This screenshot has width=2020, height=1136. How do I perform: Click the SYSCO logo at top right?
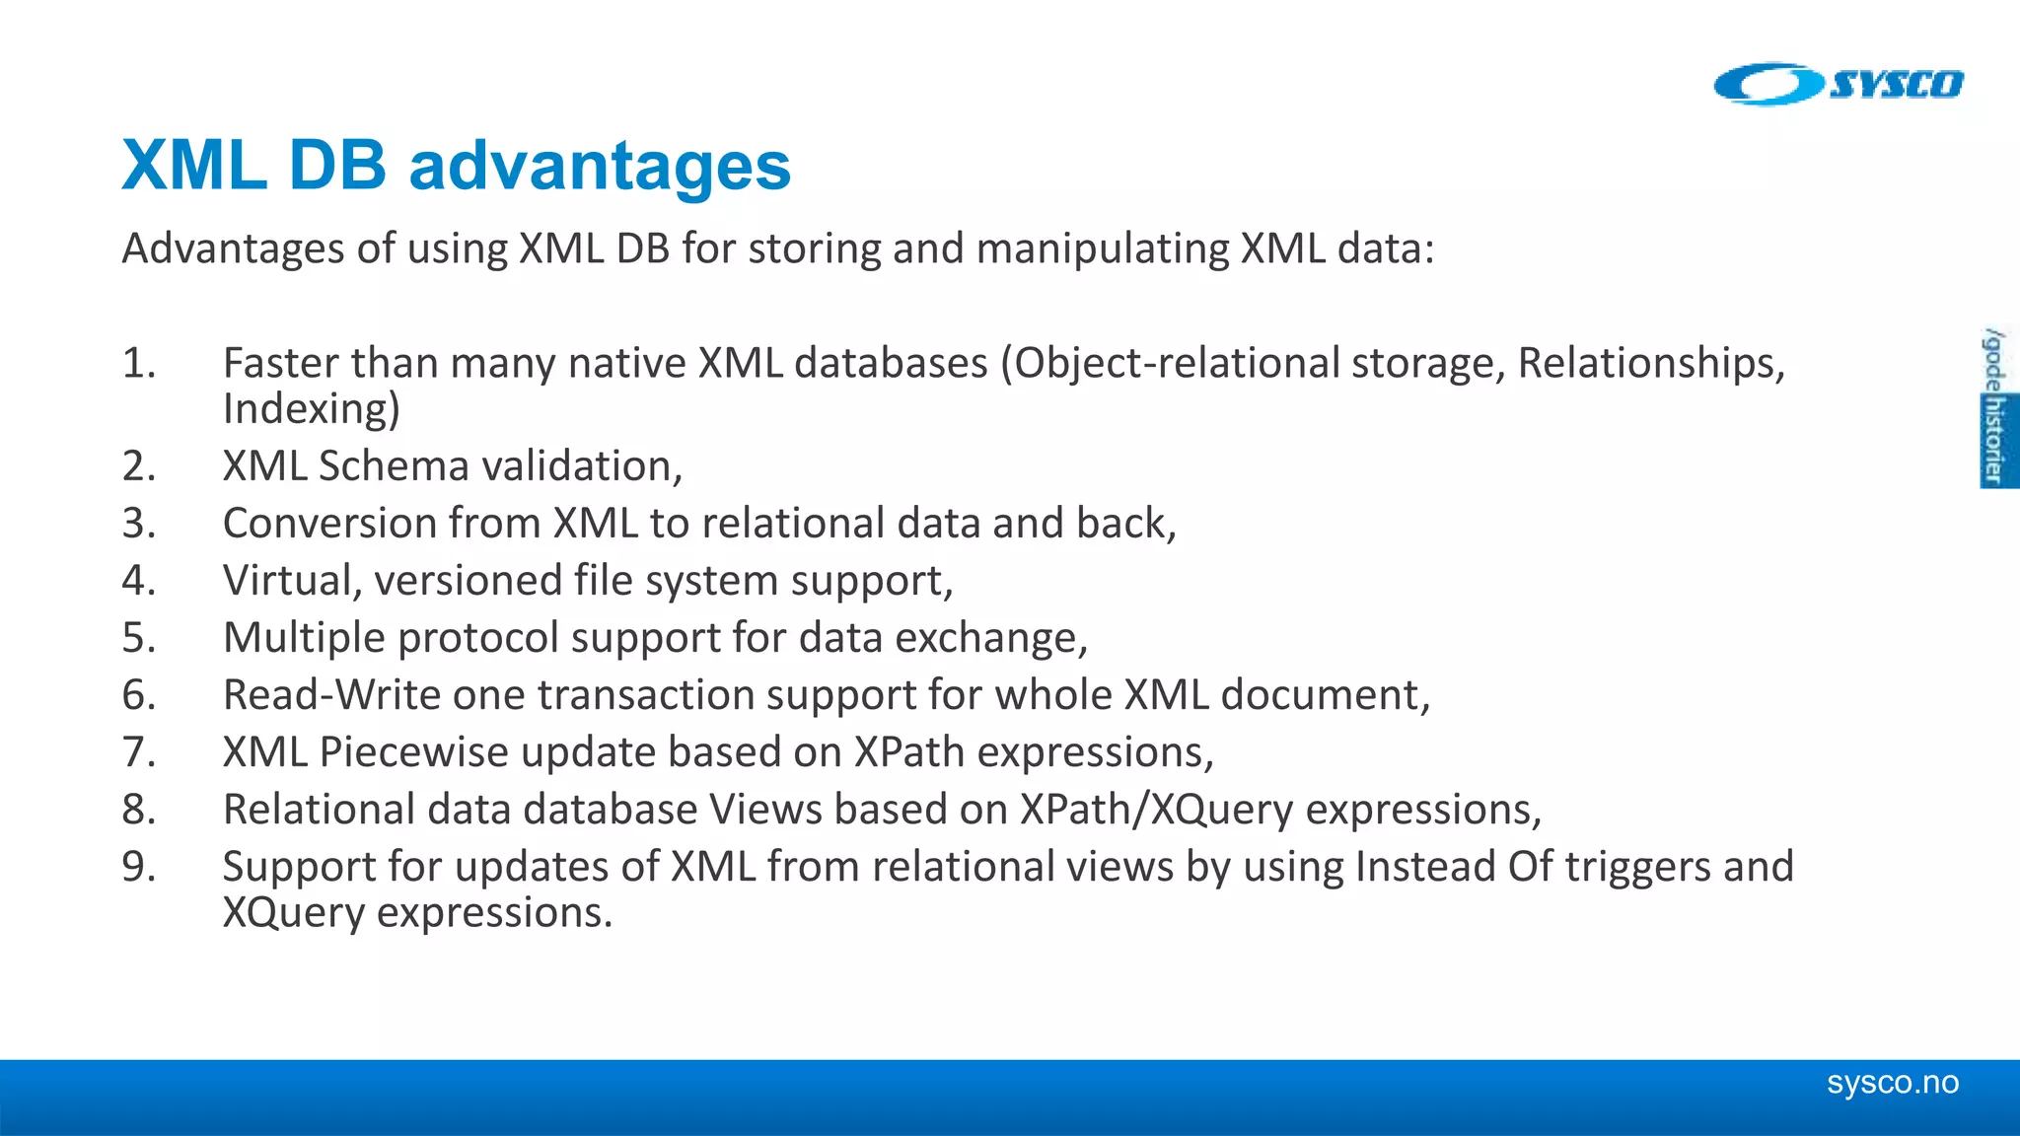pos(1839,84)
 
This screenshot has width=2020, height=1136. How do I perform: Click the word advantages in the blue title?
pos(600,166)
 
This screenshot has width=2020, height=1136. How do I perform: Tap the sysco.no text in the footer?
pos(1892,1083)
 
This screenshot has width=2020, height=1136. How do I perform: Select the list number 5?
pos(138,638)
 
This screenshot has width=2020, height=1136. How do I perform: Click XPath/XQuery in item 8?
pos(1156,810)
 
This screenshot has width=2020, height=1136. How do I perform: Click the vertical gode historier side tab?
pos(1996,406)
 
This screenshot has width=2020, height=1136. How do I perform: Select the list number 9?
pos(138,867)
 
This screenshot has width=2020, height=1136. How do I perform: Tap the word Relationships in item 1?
pos(1649,363)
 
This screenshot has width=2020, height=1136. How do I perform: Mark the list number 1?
pos(138,363)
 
